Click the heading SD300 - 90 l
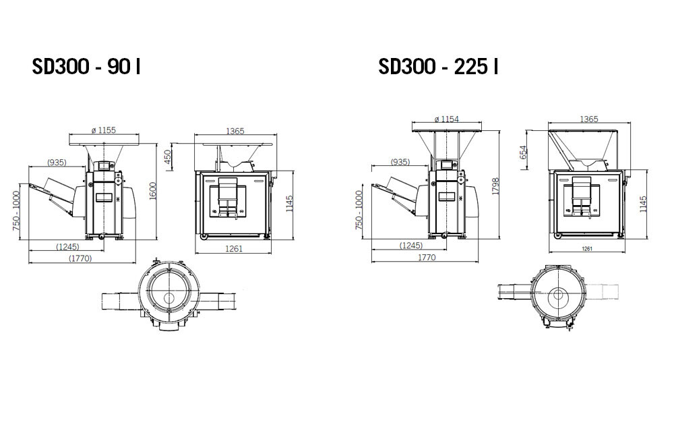coord(86,66)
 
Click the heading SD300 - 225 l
coord(438,66)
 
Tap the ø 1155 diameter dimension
coord(104,130)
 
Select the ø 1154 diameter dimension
coord(447,119)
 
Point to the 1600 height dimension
coord(153,191)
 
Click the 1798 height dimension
coord(495,186)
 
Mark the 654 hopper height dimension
coord(523,152)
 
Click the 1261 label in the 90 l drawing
coord(234,248)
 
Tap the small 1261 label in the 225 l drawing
coord(587,249)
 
